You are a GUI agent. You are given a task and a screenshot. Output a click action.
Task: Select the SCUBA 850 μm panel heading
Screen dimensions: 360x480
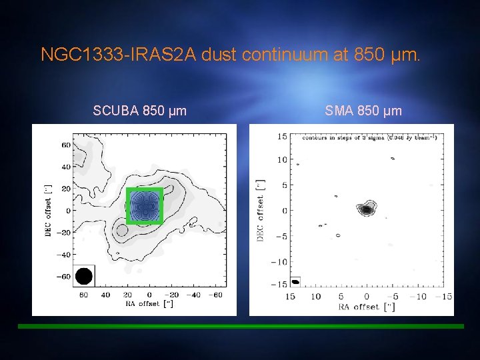coord(139,111)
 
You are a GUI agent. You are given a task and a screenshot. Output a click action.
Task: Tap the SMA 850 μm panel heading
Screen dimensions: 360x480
coord(363,111)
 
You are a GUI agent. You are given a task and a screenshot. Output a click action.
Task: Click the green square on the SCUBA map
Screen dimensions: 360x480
coord(145,205)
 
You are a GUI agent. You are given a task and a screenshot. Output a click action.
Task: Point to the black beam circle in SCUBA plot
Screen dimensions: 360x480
coord(83,275)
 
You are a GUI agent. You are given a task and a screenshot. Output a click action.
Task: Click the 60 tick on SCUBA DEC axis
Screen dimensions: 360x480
coord(66,145)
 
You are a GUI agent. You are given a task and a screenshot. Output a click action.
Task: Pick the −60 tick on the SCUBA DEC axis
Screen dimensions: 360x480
coord(65,276)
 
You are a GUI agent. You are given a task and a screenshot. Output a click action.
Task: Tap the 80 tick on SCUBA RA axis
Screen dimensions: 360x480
coord(83,294)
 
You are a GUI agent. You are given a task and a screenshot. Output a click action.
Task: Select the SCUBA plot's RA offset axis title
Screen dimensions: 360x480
coord(151,304)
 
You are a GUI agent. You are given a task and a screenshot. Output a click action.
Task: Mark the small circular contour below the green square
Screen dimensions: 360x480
coord(121,231)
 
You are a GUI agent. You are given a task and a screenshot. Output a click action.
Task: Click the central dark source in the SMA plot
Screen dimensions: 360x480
coord(366,209)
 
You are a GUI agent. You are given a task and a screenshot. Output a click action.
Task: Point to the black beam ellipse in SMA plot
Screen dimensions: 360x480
coord(295,281)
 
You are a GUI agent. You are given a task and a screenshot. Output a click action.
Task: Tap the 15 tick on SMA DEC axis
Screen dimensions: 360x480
coord(282,137)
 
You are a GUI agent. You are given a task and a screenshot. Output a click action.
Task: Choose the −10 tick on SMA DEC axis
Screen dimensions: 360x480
coord(280,261)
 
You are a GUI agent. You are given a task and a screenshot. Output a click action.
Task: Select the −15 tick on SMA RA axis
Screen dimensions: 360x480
coord(445,297)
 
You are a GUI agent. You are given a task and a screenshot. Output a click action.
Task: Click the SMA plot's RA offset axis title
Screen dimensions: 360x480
coord(366,307)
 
